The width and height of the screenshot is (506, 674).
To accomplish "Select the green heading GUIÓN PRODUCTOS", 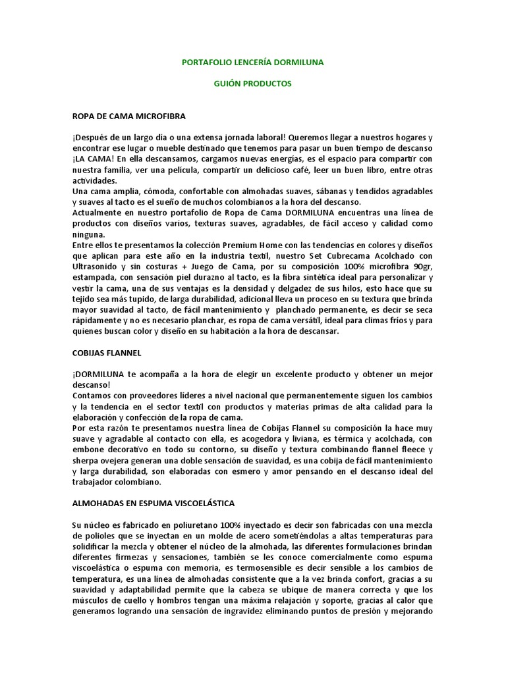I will click(252, 84).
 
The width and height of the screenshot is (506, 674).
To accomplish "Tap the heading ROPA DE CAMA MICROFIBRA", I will click(129, 117).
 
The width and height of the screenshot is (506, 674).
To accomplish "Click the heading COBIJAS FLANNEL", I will click(107, 352).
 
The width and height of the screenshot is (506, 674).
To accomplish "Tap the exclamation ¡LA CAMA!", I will click(93, 159).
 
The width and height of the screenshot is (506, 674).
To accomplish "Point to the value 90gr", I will click(419, 267).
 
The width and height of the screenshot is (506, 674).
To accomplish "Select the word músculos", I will click(93, 600).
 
